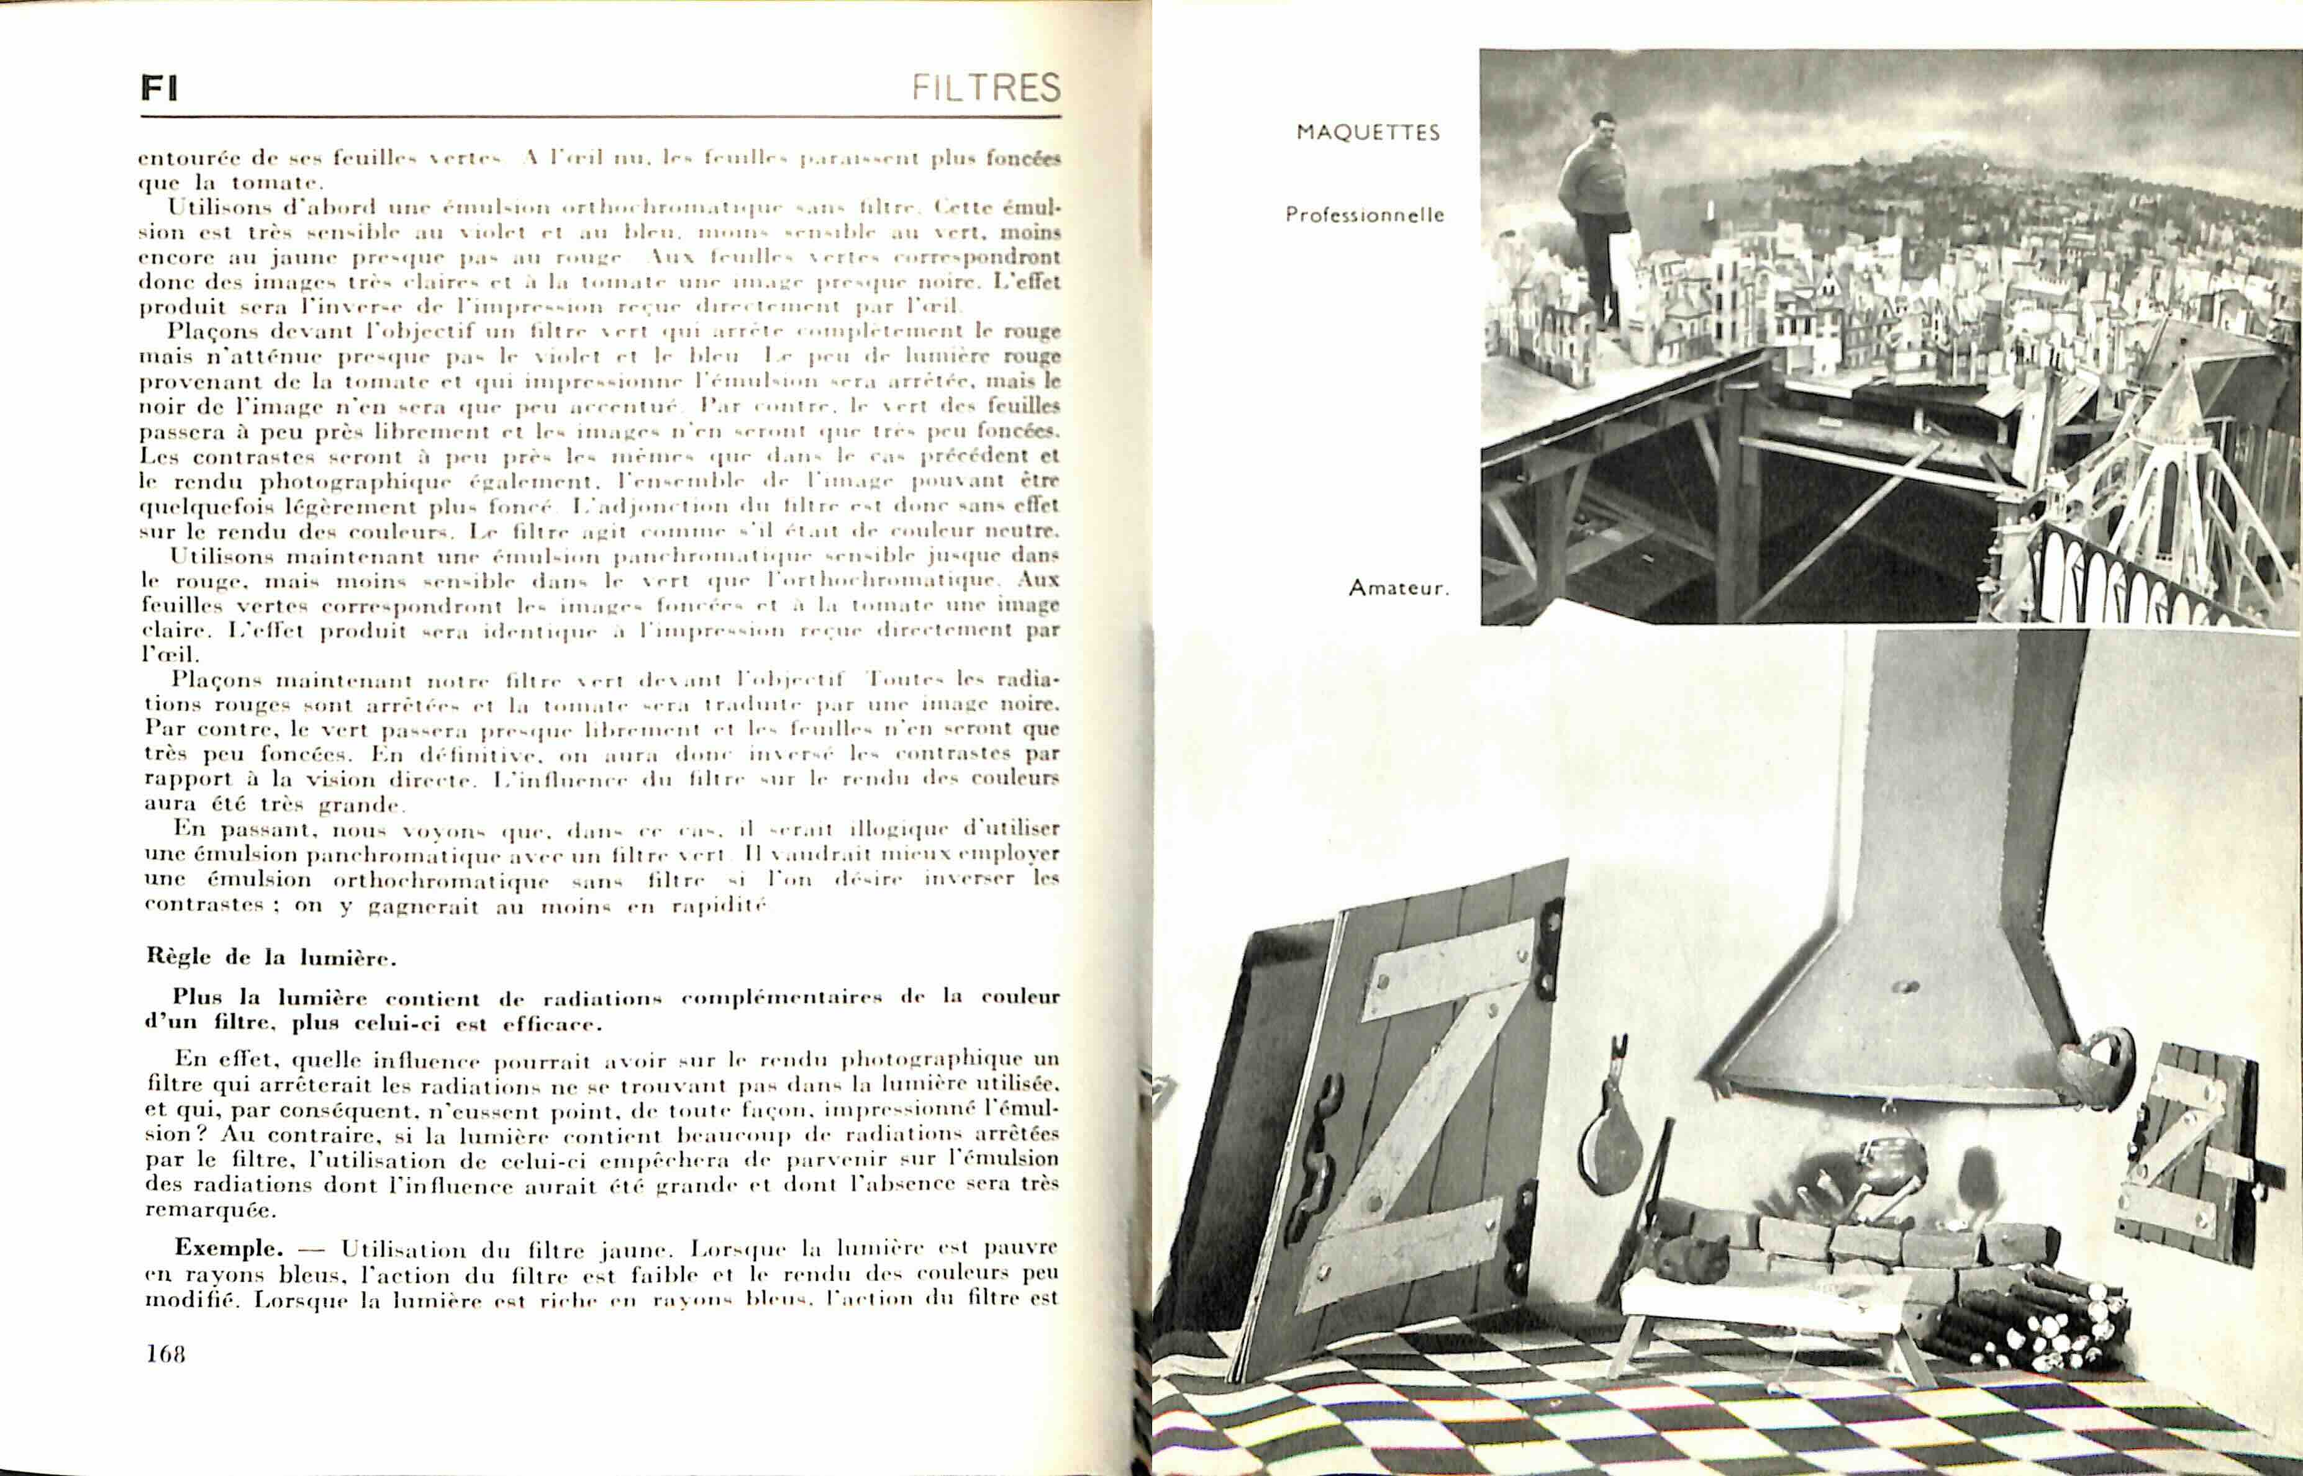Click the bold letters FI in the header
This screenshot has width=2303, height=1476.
point(159,89)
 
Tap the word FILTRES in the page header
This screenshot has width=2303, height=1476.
point(986,88)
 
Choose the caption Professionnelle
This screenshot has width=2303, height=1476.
point(1365,215)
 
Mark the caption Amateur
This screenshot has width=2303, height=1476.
point(1398,588)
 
